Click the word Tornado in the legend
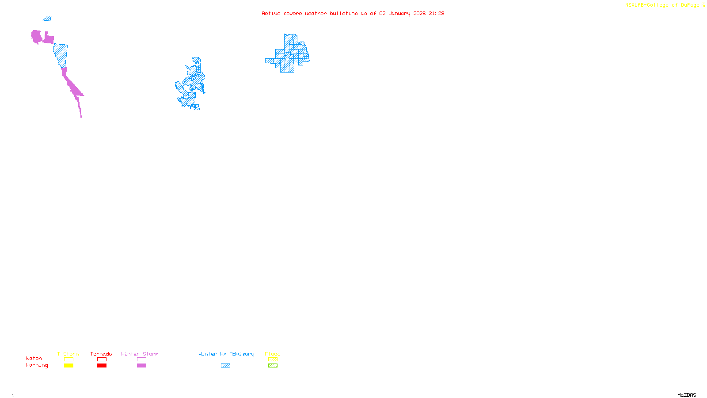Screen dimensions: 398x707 (x=101, y=354)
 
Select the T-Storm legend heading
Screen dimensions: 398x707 (x=68, y=354)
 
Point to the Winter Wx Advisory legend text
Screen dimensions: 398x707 (x=226, y=354)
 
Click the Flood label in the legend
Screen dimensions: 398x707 (x=273, y=354)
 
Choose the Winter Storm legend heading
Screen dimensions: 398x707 (x=140, y=354)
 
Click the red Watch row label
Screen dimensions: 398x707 (x=34, y=358)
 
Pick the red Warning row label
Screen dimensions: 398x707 (x=37, y=365)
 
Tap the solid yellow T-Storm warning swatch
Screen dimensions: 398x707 (x=68, y=366)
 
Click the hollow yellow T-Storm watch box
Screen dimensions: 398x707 (x=68, y=360)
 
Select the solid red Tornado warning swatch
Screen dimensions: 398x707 (x=102, y=366)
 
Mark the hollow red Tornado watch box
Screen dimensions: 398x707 (x=102, y=360)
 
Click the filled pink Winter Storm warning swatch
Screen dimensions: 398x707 (x=141, y=366)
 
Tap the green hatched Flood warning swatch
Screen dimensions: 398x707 (x=273, y=366)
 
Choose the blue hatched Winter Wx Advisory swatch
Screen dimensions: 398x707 (x=225, y=366)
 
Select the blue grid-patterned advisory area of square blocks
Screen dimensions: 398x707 (x=289, y=55)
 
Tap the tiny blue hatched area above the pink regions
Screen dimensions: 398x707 (x=47, y=19)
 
